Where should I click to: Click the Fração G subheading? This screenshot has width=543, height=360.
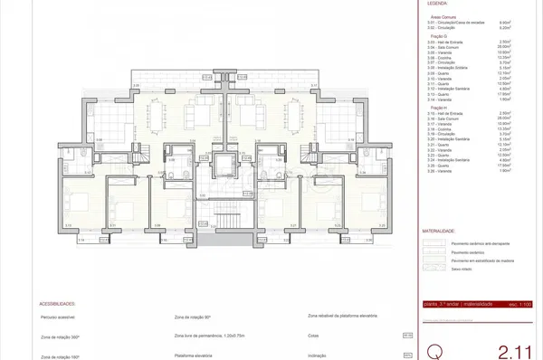[436, 35]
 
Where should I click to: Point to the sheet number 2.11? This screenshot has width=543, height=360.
[513, 349]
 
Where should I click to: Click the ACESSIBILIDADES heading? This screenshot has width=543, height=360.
[57, 305]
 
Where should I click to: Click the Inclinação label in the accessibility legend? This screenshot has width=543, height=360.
[319, 355]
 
